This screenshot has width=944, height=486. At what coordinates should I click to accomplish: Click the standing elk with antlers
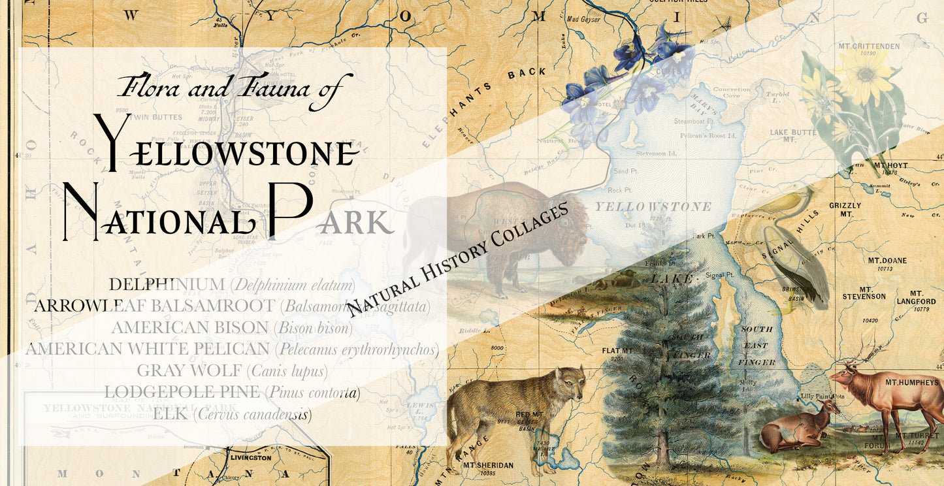click(882, 398)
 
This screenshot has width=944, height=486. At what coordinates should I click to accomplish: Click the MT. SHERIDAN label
click(489, 465)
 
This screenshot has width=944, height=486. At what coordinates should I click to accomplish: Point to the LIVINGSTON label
click(251, 458)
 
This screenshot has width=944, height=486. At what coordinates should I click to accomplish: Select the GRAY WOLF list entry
click(232, 371)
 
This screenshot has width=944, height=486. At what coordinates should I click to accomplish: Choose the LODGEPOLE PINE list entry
click(232, 393)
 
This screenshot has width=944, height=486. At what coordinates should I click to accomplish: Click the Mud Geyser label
click(583, 19)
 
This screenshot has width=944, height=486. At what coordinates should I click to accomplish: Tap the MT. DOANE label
click(887, 261)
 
